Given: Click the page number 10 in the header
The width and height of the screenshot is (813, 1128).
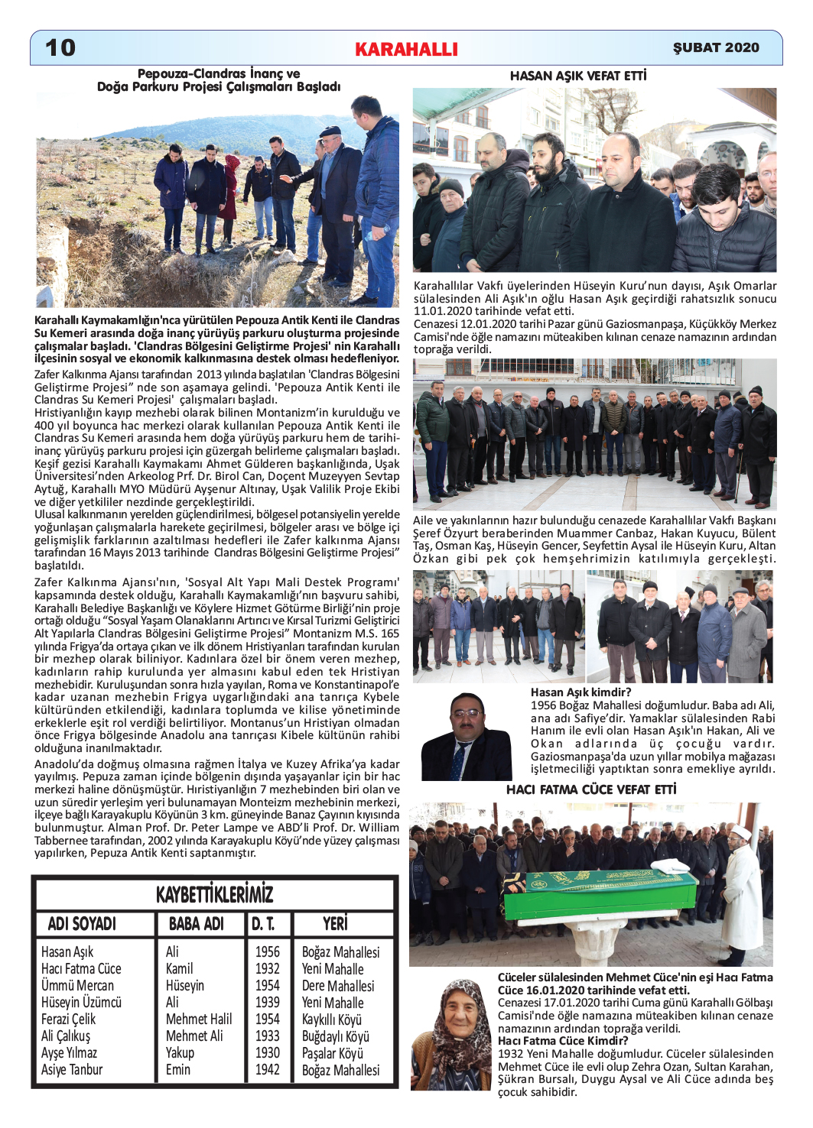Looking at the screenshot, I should pos(60,47).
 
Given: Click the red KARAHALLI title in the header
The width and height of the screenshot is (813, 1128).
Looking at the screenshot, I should pos(406,50).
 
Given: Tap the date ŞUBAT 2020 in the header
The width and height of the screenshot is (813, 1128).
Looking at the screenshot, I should pos(716,47).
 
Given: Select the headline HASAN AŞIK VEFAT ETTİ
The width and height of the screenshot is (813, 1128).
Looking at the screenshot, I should pos(578,76).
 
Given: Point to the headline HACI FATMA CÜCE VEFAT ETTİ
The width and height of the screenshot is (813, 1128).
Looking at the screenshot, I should pos(591,789).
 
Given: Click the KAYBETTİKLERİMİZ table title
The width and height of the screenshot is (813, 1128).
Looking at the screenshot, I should pos(214,894).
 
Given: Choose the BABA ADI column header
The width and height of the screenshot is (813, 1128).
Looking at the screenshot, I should pos(197,924).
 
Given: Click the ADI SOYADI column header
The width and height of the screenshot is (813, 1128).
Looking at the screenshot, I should pos(82,924).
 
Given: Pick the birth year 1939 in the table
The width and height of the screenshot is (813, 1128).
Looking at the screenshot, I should pos(268,1003).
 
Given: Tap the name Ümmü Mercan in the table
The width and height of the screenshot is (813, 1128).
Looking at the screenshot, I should pos(77,986).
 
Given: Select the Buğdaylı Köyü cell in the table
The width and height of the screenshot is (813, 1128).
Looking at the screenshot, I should pos(335,1036).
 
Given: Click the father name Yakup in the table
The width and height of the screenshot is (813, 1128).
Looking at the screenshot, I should pos(180,1053).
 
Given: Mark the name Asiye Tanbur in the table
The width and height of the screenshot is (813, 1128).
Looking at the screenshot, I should pos(72,1070).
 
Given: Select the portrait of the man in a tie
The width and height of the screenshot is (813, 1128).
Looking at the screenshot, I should pos(466,737).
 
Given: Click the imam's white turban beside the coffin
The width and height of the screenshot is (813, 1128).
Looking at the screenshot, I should pos(740,832).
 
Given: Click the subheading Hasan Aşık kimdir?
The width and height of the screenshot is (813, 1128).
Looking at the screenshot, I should pos(581,692).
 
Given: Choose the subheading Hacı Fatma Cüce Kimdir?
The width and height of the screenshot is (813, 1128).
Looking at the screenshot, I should pos(563,1041).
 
